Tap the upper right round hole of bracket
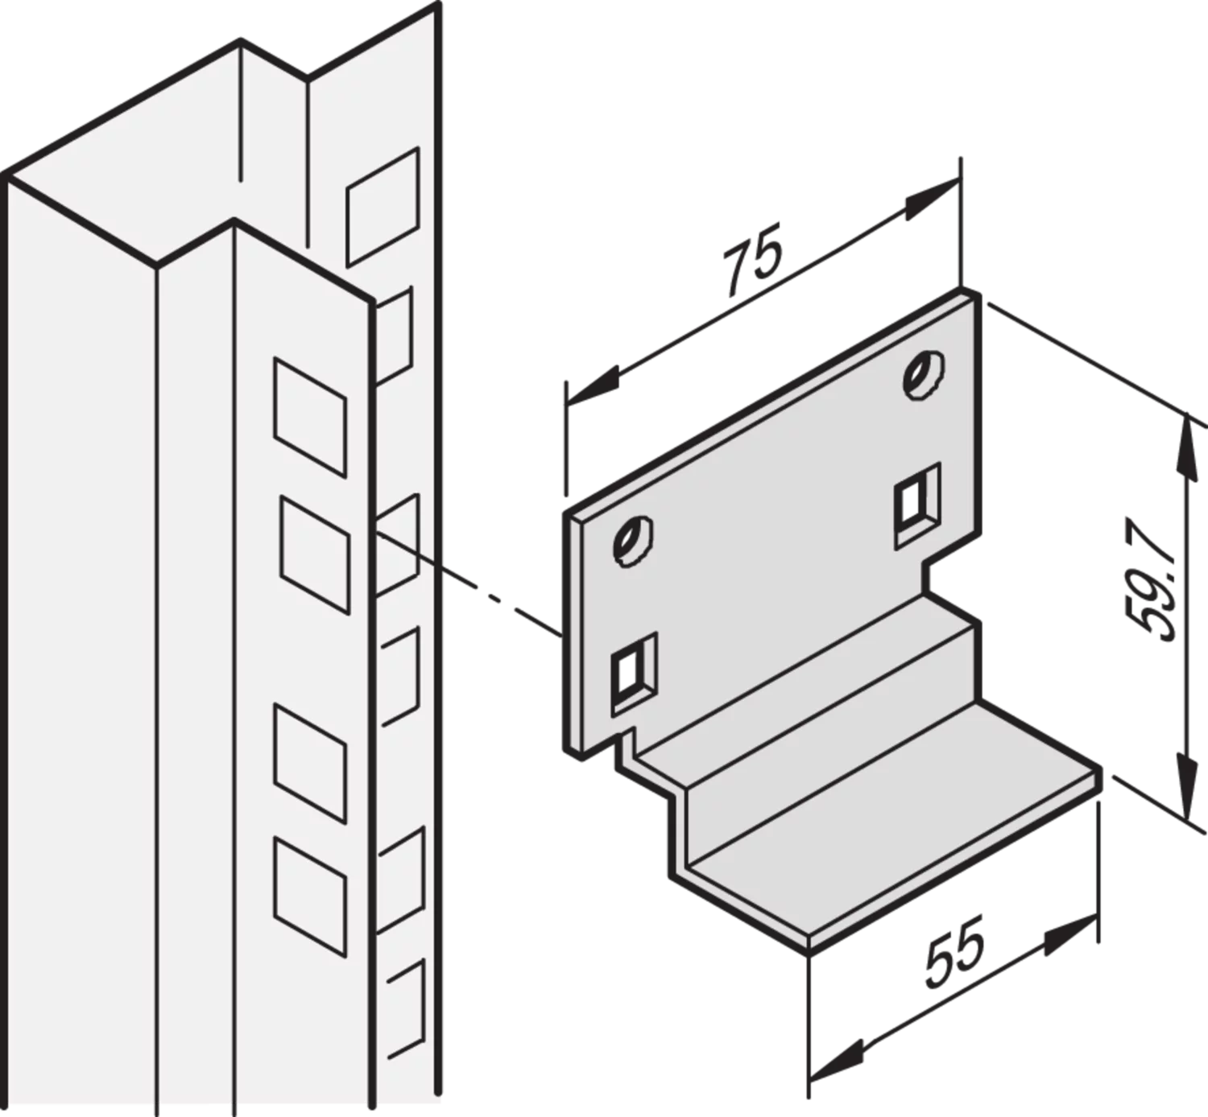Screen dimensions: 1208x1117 [x=925, y=375]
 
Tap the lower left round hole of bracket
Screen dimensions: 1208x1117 [x=633, y=541]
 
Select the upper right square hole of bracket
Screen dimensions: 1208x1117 [x=917, y=506]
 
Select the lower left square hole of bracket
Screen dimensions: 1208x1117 [x=634, y=674]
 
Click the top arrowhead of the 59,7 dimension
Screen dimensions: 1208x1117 [x=1187, y=446]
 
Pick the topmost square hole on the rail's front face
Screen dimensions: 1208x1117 [x=310, y=418]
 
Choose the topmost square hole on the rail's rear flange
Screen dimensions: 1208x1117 [x=383, y=207]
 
